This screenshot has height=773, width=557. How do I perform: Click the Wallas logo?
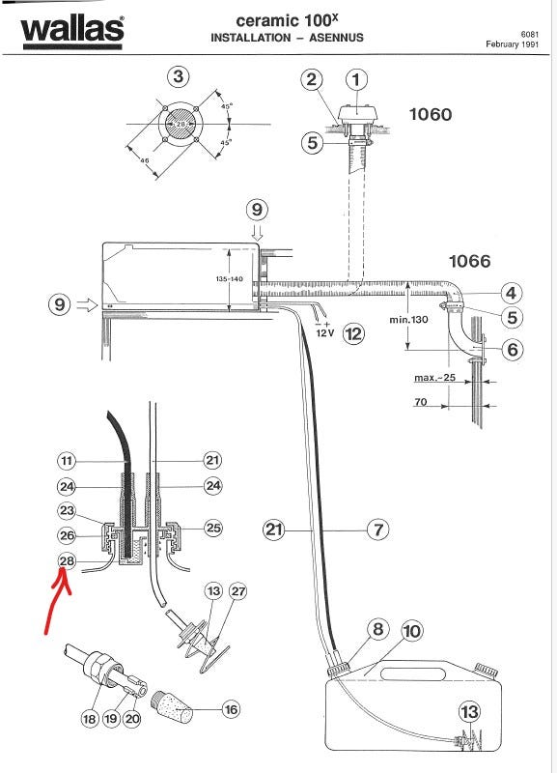click(71, 33)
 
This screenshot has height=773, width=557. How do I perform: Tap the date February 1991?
click(513, 44)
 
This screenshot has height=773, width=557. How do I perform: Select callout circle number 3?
click(179, 77)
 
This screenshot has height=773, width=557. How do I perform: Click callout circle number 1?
click(356, 79)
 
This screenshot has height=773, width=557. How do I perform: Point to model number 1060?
click(431, 114)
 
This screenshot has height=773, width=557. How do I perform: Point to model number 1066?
click(470, 261)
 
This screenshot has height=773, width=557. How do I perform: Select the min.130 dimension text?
click(408, 320)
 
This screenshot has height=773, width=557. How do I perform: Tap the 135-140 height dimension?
click(229, 279)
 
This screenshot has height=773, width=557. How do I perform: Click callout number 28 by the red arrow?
click(67, 560)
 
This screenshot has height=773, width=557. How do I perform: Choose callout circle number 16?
click(231, 709)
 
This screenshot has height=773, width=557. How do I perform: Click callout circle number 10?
click(412, 631)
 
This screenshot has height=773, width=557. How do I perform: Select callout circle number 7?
click(377, 530)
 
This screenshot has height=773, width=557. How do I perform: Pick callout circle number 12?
click(353, 334)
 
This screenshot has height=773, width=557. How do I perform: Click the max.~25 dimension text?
click(434, 378)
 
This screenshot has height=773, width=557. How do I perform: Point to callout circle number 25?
click(212, 528)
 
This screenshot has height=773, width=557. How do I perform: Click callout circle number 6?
click(513, 349)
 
